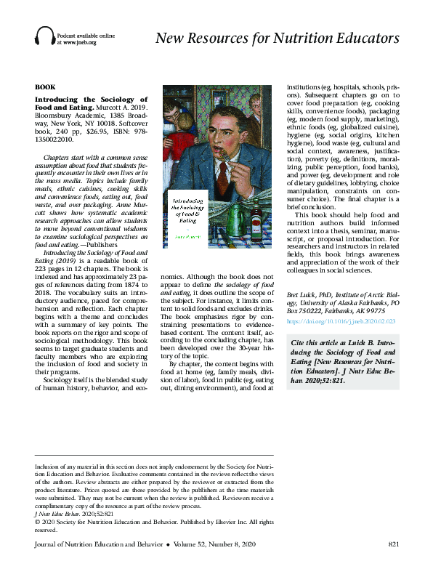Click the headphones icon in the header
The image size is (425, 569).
point(44,36)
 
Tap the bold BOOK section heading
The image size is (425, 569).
point(44,86)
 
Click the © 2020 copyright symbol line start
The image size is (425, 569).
point(38,522)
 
